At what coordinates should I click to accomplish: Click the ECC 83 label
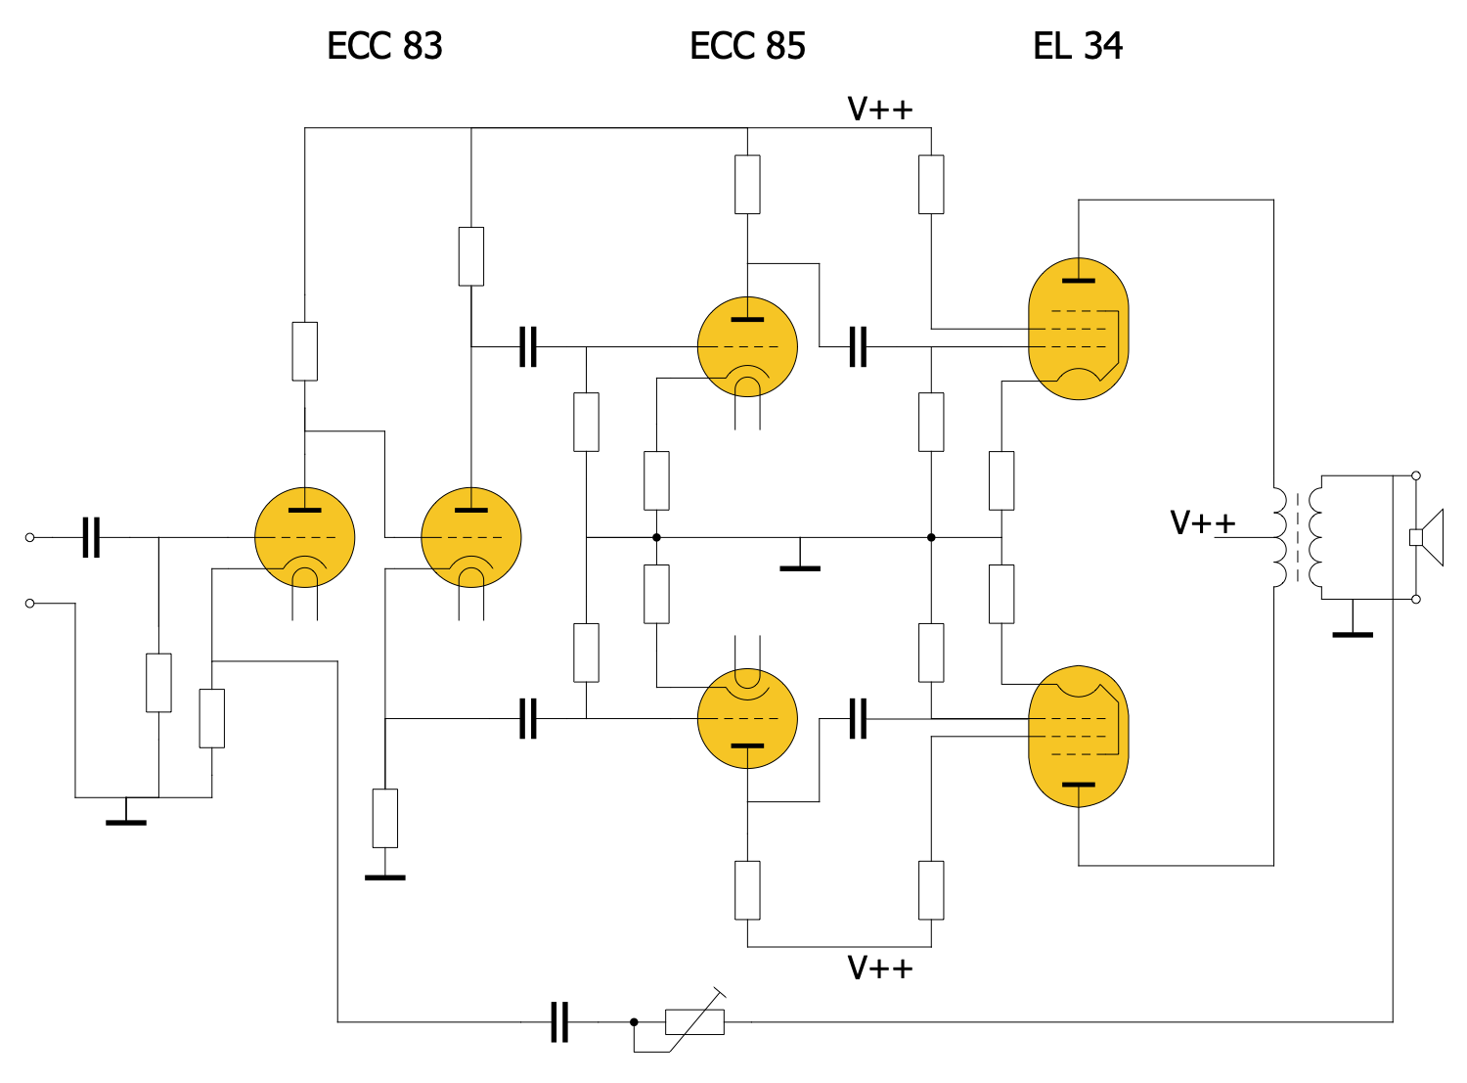pos(384,46)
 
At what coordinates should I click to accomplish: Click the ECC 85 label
pos(747,46)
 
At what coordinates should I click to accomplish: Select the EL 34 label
pos(1077,46)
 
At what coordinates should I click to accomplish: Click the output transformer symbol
pos(1298,537)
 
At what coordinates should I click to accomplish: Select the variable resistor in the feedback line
pos(694,1022)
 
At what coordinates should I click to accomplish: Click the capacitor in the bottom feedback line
pos(559,1022)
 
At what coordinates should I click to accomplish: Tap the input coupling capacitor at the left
pos(91,537)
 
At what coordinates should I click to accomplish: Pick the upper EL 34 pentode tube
pos(1078,329)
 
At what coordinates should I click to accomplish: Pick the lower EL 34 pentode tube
pos(1078,736)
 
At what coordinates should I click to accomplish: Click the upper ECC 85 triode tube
pos(747,347)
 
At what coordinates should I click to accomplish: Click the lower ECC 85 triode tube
pos(747,718)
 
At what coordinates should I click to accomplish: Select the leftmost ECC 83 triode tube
pos(304,537)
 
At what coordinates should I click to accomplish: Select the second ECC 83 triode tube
pos(470,537)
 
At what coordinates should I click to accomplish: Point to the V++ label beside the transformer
pos(1202,522)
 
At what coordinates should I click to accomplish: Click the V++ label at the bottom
pos(879,968)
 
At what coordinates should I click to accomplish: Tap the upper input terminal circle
pos(29,537)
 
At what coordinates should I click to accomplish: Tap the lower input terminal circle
pos(29,604)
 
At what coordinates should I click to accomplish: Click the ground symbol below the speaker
pos(1353,632)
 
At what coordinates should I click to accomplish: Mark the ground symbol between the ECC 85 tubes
pos(800,565)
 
